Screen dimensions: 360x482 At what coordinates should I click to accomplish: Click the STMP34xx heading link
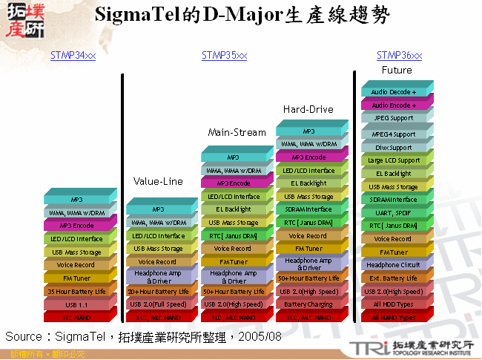click(73, 56)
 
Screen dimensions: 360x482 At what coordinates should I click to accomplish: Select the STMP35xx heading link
click(224, 56)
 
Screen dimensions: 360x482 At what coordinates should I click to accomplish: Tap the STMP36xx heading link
click(399, 56)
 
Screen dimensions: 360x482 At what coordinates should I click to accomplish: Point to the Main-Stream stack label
click(237, 133)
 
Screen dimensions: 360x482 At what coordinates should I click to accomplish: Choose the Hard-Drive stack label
click(308, 110)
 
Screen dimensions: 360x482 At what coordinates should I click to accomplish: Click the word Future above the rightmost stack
click(397, 70)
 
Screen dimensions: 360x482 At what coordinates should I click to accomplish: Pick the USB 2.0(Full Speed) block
click(157, 304)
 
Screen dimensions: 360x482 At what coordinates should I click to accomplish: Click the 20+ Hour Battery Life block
click(157, 292)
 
